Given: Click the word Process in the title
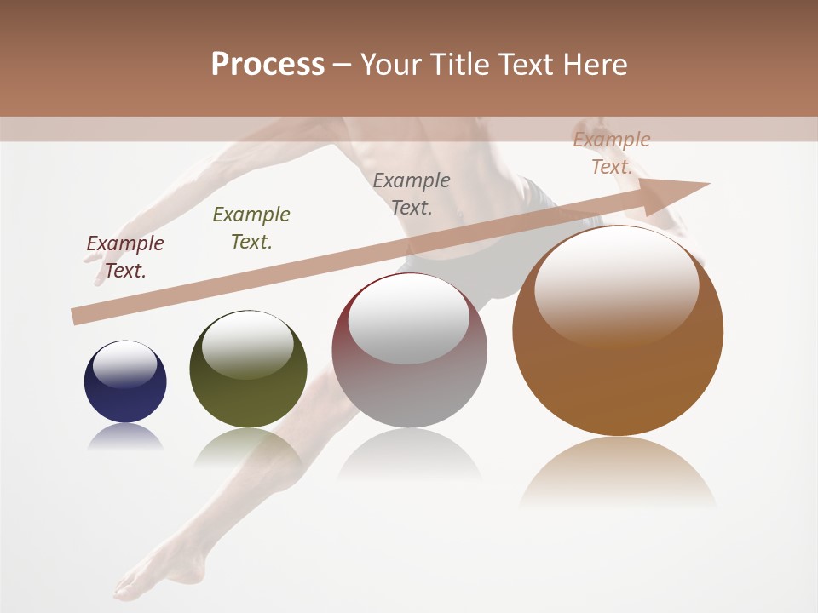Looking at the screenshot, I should (268, 65).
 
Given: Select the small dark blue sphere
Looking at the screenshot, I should (125, 381).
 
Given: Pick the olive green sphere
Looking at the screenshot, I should (248, 369).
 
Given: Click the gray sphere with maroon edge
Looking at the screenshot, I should (409, 350).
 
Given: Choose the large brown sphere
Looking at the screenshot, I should (618, 331).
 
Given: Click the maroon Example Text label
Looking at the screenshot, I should (125, 257).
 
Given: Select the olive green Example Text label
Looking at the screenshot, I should (251, 228).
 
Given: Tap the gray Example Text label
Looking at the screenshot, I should (412, 194).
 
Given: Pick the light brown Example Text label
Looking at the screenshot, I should (612, 153).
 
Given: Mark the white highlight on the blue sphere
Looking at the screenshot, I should (125, 365).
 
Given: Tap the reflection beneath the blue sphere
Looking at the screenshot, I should (125, 437).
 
